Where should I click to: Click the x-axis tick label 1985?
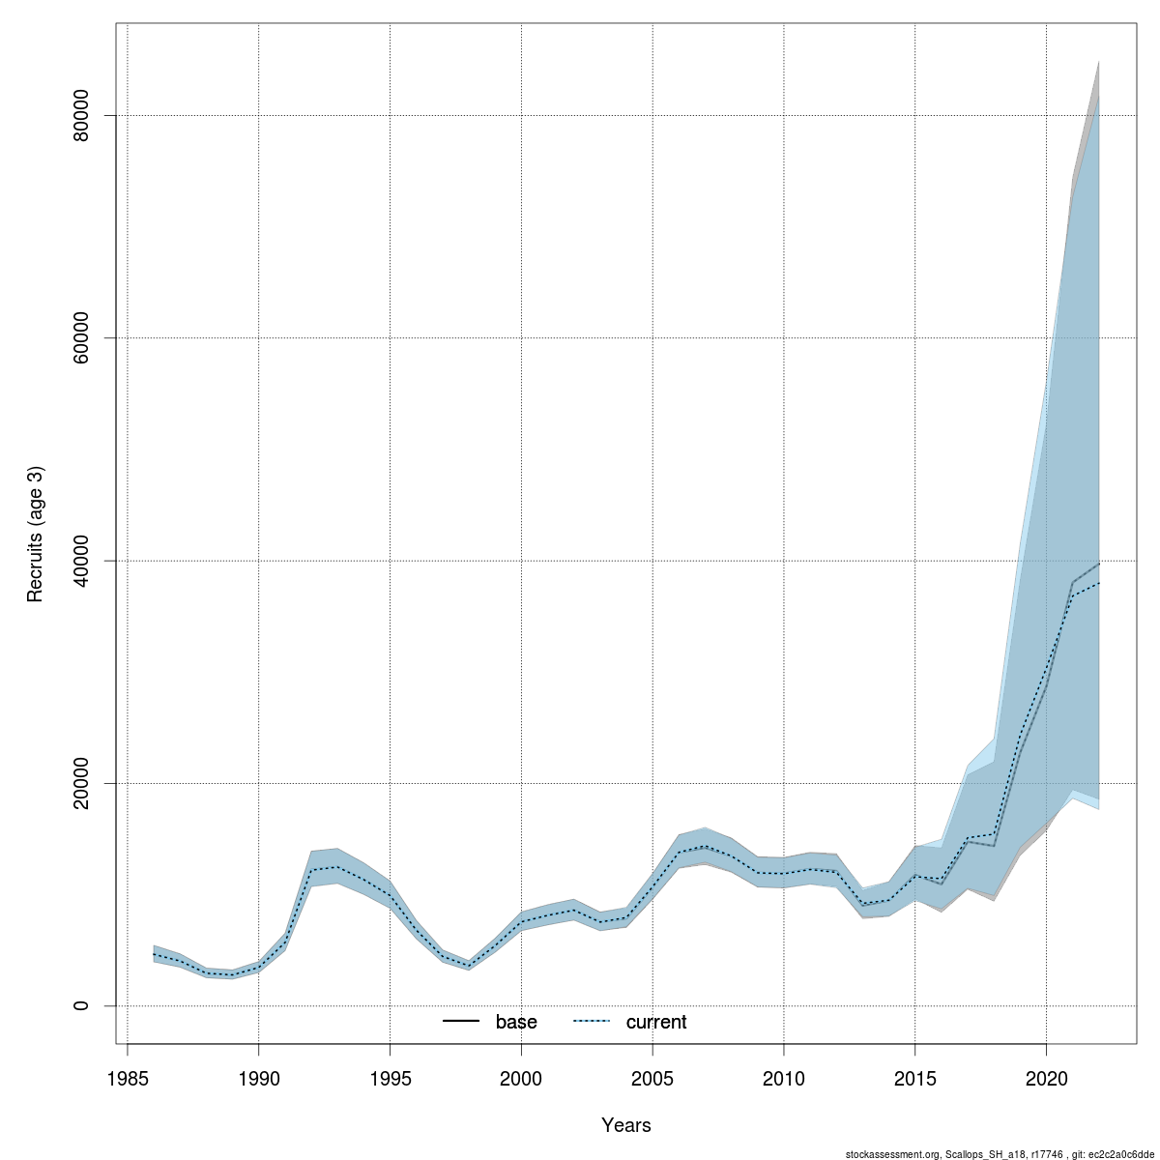128,1078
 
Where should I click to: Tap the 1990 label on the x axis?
258,1078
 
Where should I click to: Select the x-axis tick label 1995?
390,1078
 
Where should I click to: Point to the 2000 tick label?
521,1078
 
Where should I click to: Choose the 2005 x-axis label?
652,1078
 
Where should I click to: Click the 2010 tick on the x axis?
783,1078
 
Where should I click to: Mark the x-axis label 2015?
914,1078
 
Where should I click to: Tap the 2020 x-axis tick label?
1046,1078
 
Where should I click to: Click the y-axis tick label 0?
81,1005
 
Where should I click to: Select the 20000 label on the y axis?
81,783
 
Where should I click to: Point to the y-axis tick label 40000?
81,561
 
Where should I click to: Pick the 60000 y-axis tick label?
81,337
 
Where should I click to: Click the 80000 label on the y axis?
81,115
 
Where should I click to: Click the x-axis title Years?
626,1125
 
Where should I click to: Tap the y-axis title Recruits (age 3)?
36,535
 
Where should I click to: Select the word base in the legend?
516,1022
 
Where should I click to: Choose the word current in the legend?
656,1022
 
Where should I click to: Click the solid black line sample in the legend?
461,1022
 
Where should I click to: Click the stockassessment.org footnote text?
1000,1153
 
